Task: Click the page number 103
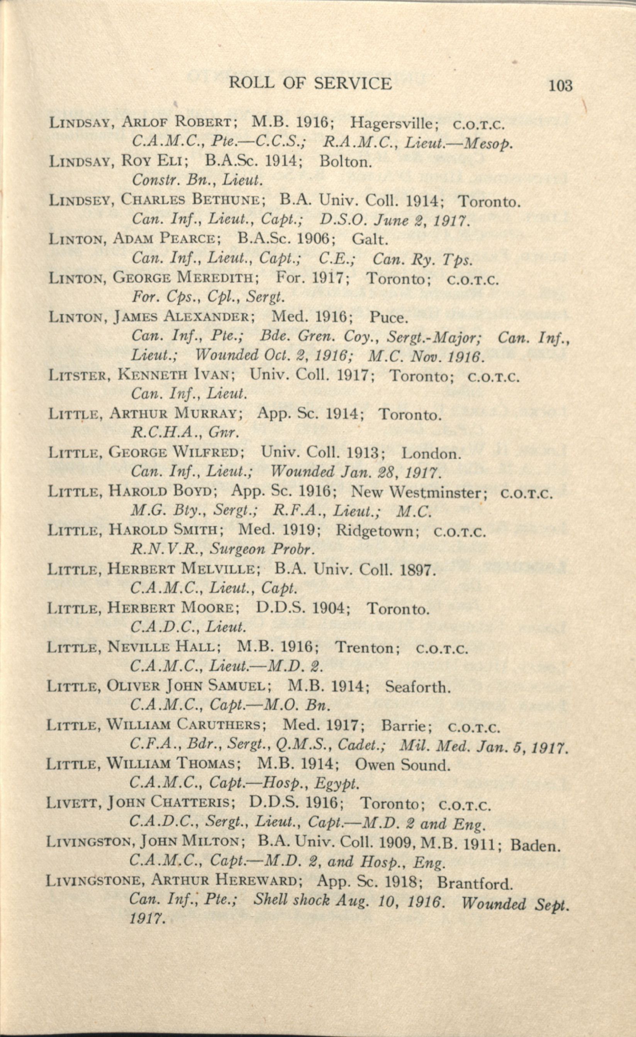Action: click(560, 86)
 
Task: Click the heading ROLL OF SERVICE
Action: click(310, 83)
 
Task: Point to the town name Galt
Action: click(369, 239)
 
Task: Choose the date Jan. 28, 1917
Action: click(390, 472)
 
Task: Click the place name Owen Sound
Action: click(402, 765)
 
